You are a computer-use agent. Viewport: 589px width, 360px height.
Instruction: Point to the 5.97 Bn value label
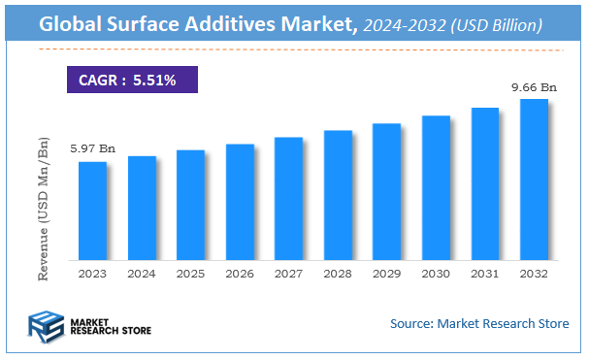pos(92,148)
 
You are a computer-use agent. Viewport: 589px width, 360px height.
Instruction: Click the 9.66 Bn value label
pos(533,87)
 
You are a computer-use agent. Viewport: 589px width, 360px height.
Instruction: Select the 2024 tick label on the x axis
pos(142,274)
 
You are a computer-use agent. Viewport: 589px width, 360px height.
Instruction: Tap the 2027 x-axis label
pos(289,274)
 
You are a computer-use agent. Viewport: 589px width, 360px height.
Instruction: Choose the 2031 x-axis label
pos(485,274)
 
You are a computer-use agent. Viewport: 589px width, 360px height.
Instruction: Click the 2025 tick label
pos(191,274)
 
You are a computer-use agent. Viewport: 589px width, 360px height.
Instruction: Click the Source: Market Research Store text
pos(479,323)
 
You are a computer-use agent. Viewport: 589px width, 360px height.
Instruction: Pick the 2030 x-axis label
pos(436,274)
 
